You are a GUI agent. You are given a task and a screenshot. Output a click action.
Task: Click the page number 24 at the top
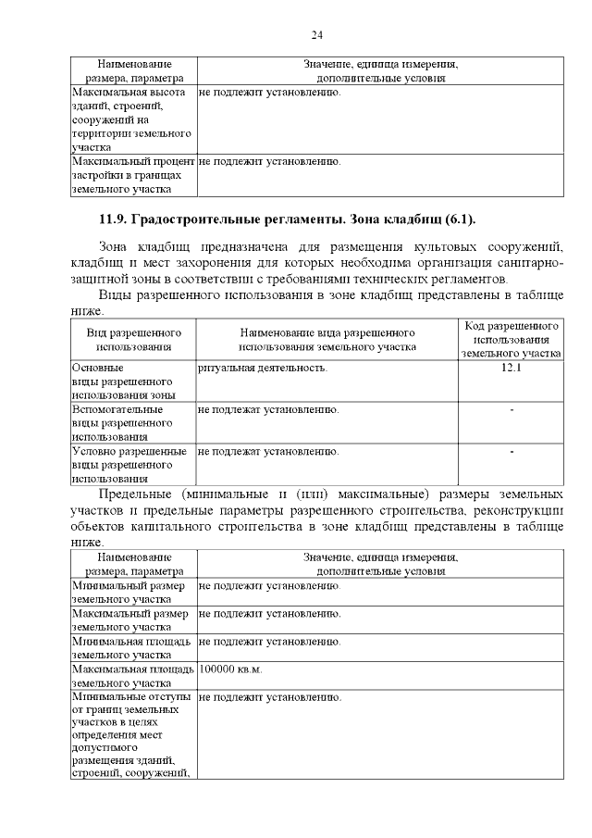tap(316, 35)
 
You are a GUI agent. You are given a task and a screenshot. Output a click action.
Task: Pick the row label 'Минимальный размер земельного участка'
tap(129, 593)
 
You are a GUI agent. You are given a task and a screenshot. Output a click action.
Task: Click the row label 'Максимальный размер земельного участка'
tap(129, 619)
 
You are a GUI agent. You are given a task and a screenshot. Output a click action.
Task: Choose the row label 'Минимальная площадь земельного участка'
tap(131, 647)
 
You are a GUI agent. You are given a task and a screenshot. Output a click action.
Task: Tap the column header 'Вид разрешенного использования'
tap(133, 339)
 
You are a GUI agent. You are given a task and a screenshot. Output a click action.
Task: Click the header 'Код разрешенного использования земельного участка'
tap(512, 339)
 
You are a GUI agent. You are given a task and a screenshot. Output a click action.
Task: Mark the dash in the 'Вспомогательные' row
tap(512, 409)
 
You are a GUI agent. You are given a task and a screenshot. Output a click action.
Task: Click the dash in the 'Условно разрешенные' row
tap(512, 452)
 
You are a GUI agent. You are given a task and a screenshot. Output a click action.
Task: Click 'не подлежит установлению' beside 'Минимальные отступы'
tap(269, 695)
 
